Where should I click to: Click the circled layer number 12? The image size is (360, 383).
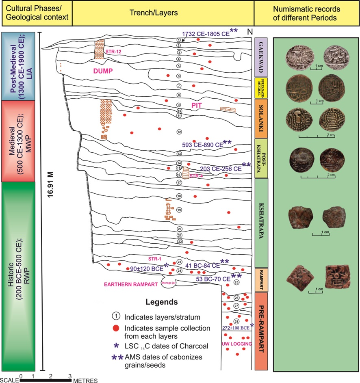(178, 132)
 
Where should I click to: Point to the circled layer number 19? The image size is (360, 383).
(179, 210)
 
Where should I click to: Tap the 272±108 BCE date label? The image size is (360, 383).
(235, 328)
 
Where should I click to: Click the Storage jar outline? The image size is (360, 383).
(168, 283)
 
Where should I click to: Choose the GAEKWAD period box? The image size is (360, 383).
(260, 57)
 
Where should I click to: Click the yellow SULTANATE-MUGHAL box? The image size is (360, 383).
(260, 88)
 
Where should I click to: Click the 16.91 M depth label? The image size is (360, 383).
(52, 190)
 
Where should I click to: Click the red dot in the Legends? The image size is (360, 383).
(116, 328)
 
